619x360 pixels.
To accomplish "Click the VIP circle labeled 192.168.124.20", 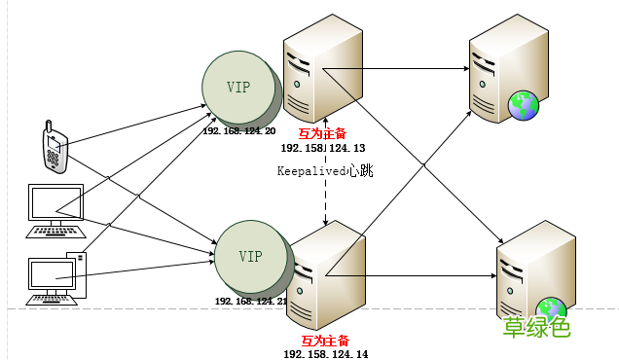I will point(237,87).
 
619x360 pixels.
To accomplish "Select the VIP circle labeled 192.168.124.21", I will point(249,255).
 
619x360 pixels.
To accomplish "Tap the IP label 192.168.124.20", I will point(239,131).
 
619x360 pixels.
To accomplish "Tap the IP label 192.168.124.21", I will point(252,302).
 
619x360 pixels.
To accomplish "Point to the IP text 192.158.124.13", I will point(322,147).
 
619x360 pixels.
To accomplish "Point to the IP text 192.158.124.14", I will point(326,354).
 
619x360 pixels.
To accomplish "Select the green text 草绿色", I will point(535,329).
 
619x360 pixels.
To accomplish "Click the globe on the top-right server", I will point(524,104).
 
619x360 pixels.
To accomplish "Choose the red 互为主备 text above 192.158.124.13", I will point(322,133).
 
